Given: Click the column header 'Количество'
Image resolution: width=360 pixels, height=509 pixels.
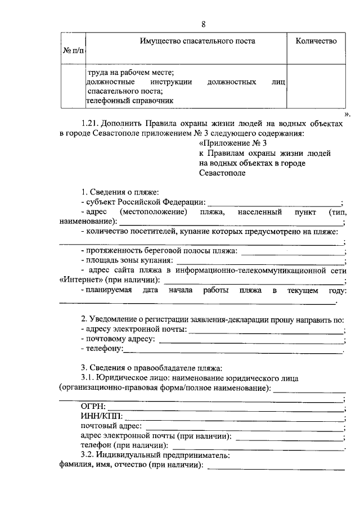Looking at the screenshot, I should [x=316, y=41].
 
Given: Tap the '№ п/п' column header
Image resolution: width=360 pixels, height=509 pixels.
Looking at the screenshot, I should [x=73, y=51].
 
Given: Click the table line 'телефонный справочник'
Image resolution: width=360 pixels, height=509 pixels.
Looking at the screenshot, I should [x=129, y=101].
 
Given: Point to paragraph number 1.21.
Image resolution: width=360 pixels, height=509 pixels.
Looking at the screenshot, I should [x=91, y=123].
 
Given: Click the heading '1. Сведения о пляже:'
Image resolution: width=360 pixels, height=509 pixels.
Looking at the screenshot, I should [x=119, y=193].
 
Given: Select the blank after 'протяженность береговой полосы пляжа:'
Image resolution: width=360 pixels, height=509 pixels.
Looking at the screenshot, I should [x=292, y=251].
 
